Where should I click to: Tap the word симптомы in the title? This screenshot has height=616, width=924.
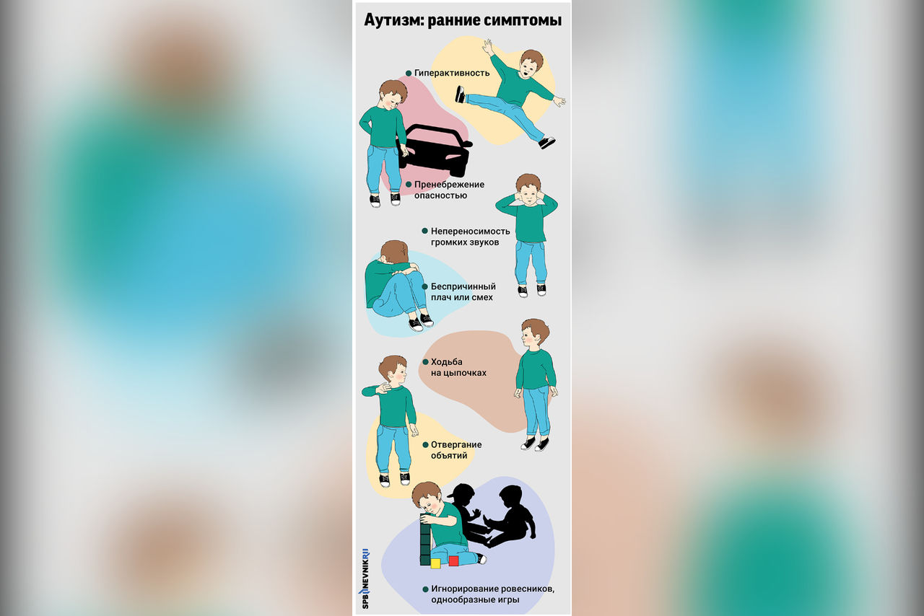[x=523, y=21]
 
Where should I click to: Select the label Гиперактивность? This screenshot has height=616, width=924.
[x=452, y=73]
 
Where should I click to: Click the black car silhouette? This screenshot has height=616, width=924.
[x=435, y=149]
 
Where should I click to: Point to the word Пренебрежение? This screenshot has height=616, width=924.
[x=449, y=185]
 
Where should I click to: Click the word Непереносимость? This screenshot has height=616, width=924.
[x=470, y=232]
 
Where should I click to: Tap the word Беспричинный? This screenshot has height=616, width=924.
[x=463, y=286]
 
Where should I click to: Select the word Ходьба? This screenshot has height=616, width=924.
[x=446, y=362]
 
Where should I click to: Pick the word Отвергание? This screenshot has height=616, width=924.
[x=456, y=445]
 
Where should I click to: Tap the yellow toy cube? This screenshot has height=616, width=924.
[x=435, y=563]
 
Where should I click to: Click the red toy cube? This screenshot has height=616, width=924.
[x=453, y=560]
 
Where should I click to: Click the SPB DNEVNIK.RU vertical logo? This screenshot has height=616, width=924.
[x=365, y=579]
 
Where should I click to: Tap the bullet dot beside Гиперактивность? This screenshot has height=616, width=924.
[x=409, y=74]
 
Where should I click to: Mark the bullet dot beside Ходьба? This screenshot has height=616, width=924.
[x=425, y=362]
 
